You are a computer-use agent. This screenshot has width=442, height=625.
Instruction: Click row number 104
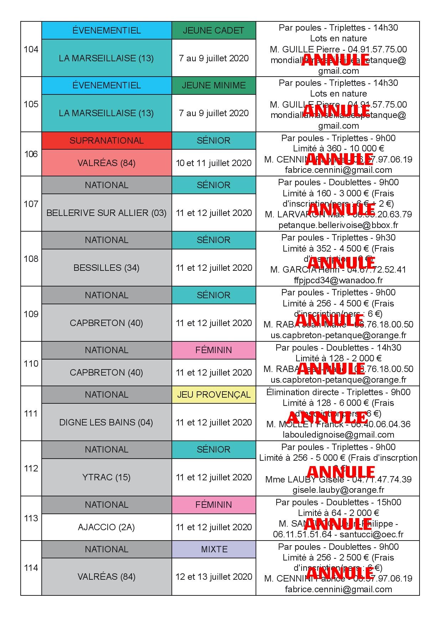(31, 49)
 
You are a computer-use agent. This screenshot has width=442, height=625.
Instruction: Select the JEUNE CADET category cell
(214, 30)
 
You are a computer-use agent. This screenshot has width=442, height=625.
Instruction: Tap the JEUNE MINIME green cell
(214, 86)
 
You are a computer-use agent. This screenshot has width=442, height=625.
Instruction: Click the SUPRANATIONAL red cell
(107, 140)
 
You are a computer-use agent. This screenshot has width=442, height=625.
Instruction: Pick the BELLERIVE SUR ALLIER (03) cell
(107, 213)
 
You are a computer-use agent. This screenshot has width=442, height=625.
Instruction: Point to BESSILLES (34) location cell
(107, 268)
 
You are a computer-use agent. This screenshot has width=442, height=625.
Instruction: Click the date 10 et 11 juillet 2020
(214, 163)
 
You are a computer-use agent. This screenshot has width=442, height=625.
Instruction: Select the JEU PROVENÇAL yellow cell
(214, 395)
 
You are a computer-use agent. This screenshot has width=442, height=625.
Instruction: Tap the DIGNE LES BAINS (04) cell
(107, 422)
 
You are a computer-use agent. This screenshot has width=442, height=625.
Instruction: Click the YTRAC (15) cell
(107, 477)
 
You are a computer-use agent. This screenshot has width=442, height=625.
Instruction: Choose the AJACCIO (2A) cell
(107, 527)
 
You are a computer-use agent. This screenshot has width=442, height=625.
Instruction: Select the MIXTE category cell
(214, 549)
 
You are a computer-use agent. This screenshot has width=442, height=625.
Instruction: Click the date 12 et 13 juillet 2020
(214, 577)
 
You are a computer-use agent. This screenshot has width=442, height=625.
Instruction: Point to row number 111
(31, 413)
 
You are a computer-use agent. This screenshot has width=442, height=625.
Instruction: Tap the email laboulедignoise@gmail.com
(338, 435)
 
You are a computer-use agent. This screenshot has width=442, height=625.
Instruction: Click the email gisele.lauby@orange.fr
(338, 490)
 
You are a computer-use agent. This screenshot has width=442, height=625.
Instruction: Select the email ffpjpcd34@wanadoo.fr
(338, 280)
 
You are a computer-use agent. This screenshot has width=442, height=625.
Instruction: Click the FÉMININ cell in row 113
(214, 505)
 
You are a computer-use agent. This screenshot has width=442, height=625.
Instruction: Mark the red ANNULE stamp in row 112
(341, 471)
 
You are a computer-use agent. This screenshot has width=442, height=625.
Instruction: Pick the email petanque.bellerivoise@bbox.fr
(338, 225)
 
